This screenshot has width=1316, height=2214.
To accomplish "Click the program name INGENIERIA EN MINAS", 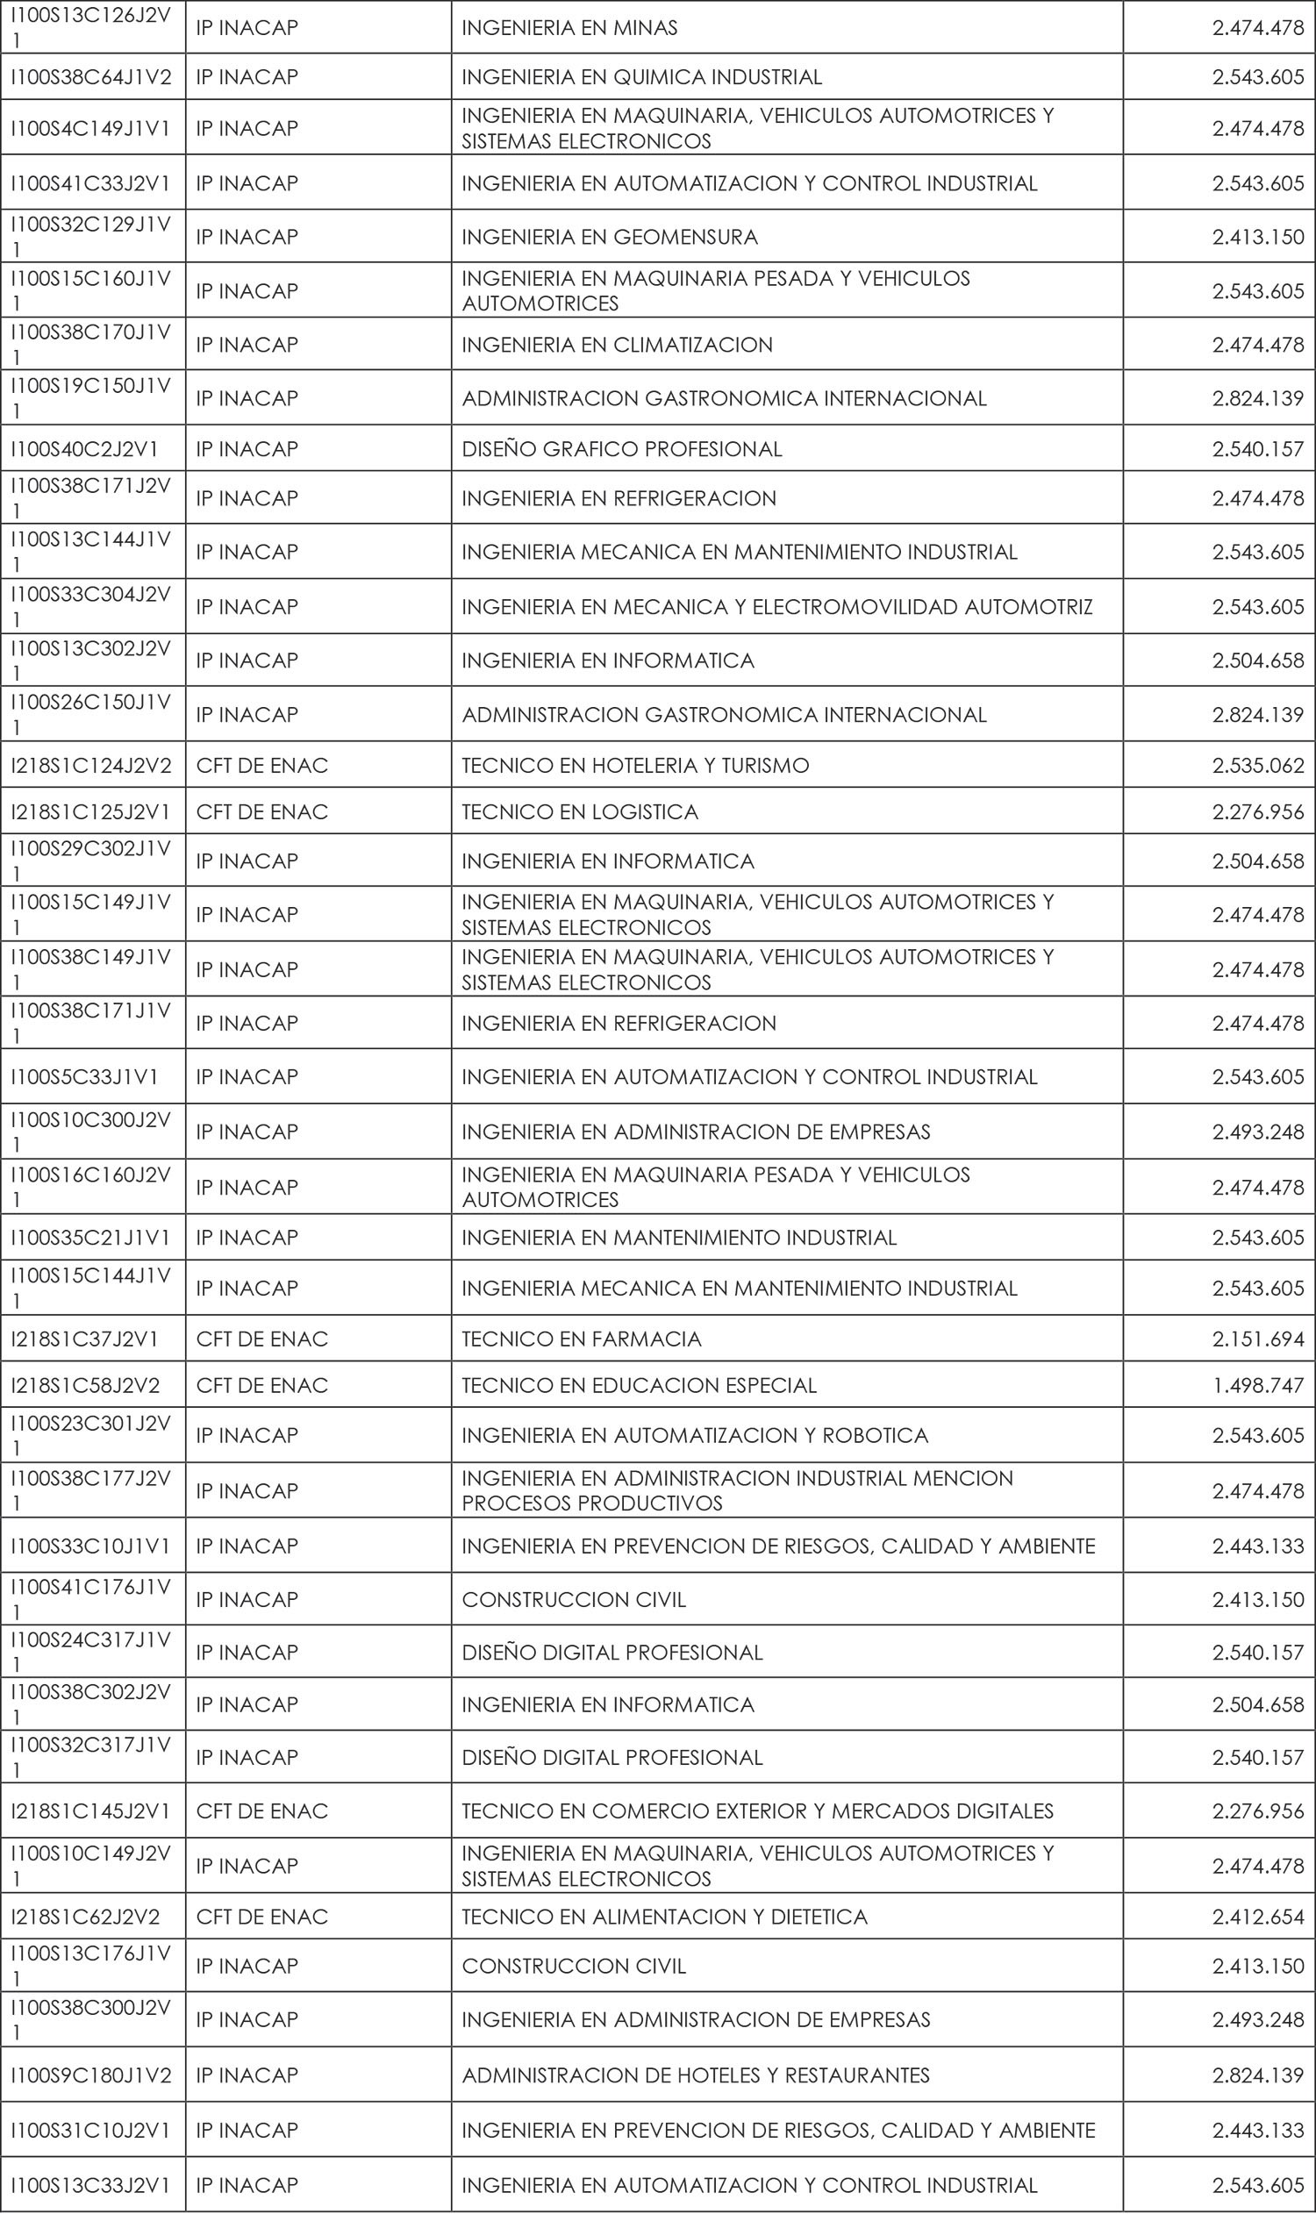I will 569,27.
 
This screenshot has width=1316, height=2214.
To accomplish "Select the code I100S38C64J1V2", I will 91,77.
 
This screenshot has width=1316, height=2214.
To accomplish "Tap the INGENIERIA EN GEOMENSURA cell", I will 609,237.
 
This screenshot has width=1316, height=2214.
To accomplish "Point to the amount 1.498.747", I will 1257,1385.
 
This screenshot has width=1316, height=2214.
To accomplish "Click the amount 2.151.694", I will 1257,1339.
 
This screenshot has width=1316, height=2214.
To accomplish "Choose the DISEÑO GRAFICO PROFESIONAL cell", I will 622,448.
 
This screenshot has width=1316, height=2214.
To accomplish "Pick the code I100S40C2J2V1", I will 85,448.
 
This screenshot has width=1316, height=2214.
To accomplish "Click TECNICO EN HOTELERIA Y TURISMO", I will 635,765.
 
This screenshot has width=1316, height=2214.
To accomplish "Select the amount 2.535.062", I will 1257,765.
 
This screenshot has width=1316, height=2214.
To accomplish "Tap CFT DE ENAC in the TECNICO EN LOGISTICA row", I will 261,811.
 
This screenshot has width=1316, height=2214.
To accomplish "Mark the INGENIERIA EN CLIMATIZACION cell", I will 618,344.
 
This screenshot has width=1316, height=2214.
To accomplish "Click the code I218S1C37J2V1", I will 85,1339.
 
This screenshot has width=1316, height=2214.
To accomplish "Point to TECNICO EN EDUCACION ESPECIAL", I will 639,1385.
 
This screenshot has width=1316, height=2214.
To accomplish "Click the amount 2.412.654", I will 1257,1917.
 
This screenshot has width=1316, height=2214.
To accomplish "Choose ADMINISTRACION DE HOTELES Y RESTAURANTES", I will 695,2075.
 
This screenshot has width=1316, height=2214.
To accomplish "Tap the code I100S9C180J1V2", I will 91,2075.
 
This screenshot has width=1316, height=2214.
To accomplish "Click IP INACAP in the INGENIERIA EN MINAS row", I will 247,27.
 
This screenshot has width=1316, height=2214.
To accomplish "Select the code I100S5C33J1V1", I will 85,1076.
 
